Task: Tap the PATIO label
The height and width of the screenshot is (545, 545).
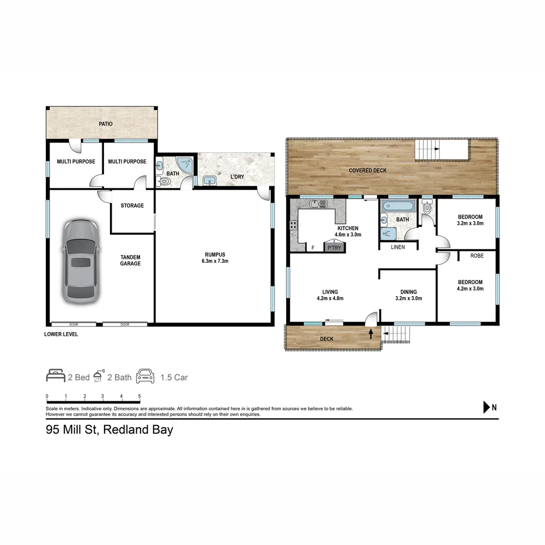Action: pos(105,124)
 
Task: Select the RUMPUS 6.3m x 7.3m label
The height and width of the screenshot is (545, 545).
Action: pos(215,258)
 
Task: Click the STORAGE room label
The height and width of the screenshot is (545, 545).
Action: pos(132,205)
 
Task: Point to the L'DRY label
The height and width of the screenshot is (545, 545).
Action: pos(237,177)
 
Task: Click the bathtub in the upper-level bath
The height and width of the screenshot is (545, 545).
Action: pos(398,206)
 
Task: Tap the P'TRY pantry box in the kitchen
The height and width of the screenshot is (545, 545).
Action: pos(335,248)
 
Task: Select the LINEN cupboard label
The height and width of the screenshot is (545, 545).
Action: pos(398,247)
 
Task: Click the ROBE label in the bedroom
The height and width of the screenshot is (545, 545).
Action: pos(477,256)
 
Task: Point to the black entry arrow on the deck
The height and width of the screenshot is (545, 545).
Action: pos(371,333)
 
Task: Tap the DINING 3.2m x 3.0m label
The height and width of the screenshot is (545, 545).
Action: pos(409,295)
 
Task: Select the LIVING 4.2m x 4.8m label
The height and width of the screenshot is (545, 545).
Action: pos(330,295)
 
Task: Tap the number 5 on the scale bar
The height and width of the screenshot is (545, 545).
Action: pos(139,396)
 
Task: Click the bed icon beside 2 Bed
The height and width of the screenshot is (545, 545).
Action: pos(56,376)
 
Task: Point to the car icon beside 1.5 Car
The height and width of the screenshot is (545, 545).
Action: pos(145,376)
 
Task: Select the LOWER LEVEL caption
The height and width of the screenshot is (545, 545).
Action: pos(61,334)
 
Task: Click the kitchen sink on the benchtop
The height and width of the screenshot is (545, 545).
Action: pos(319,204)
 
